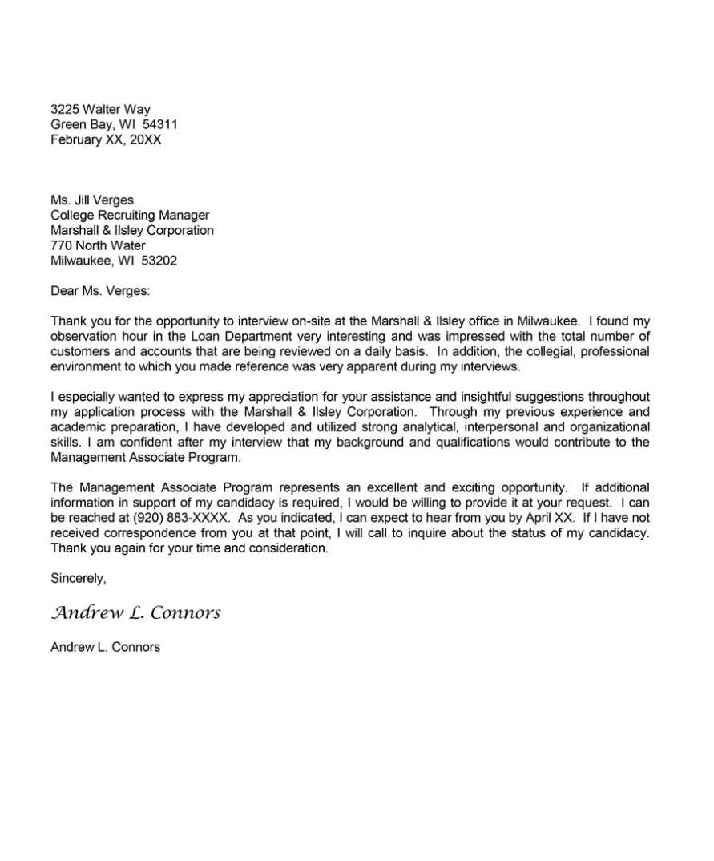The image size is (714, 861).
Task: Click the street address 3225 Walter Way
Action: pyautogui.click(x=100, y=110)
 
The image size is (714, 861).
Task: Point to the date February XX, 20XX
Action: pyautogui.click(x=106, y=140)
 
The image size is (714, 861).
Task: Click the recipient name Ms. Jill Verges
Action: pyautogui.click(x=92, y=200)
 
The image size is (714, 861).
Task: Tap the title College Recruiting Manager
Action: pyautogui.click(x=130, y=216)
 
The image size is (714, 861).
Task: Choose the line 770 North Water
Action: pyautogui.click(x=98, y=246)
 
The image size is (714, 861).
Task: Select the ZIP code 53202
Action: pyautogui.click(x=159, y=261)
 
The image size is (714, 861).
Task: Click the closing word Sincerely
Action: pyautogui.click(x=78, y=579)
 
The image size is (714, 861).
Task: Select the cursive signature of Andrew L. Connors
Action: pyautogui.click(x=135, y=614)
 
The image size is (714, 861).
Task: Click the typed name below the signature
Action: pyautogui.click(x=105, y=648)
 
